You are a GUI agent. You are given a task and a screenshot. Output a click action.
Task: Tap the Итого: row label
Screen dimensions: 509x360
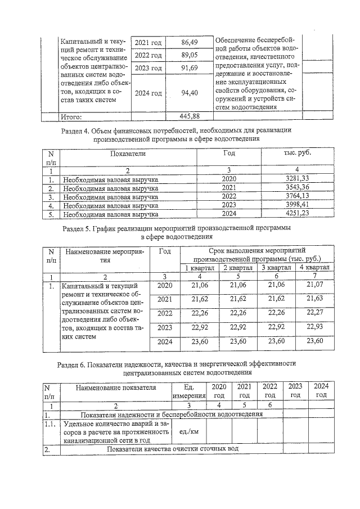pos(71,118)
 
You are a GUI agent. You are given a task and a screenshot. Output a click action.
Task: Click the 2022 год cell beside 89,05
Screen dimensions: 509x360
pos(148,56)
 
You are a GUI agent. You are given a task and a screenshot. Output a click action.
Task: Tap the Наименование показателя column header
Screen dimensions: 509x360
pos(116,387)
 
